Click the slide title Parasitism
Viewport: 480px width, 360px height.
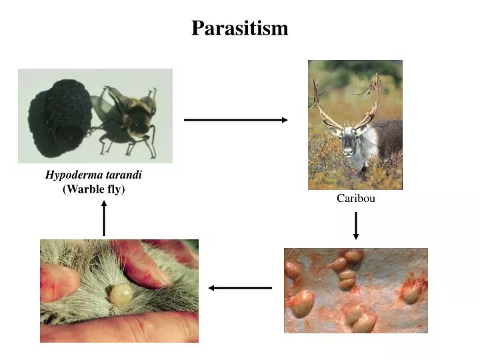click(x=240, y=28)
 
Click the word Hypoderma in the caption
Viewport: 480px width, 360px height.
click(x=71, y=175)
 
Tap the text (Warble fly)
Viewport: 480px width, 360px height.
click(x=93, y=189)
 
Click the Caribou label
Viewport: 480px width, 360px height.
click(x=355, y=198)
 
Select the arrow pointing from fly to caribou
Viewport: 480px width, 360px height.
click(x=235, y=120)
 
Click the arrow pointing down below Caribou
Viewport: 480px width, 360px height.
click(x=356, y=225)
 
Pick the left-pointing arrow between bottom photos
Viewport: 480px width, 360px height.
click(x=240, y=288)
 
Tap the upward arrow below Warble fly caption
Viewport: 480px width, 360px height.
click(x=104, y=218)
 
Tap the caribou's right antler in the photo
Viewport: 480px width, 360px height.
click(x=371, y=100)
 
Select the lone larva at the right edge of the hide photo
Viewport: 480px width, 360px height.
click(x=411, y=293)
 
